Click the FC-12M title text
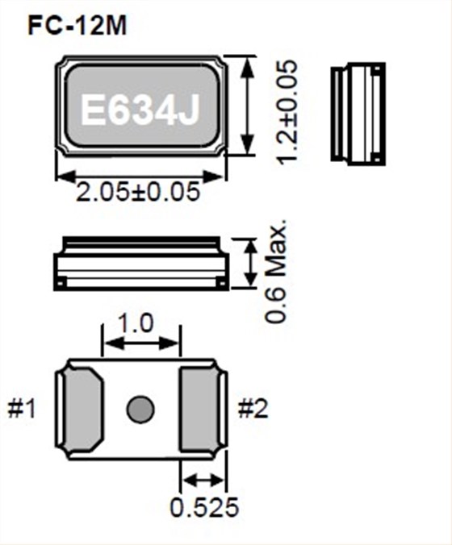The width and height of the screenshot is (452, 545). coord(77,26)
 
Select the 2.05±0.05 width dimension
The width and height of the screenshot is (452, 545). coord(136,194)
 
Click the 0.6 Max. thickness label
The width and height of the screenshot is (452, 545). coord(278,271)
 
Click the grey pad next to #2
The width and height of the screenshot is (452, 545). coord(198,410)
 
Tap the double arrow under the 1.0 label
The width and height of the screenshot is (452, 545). coord(140,343)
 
